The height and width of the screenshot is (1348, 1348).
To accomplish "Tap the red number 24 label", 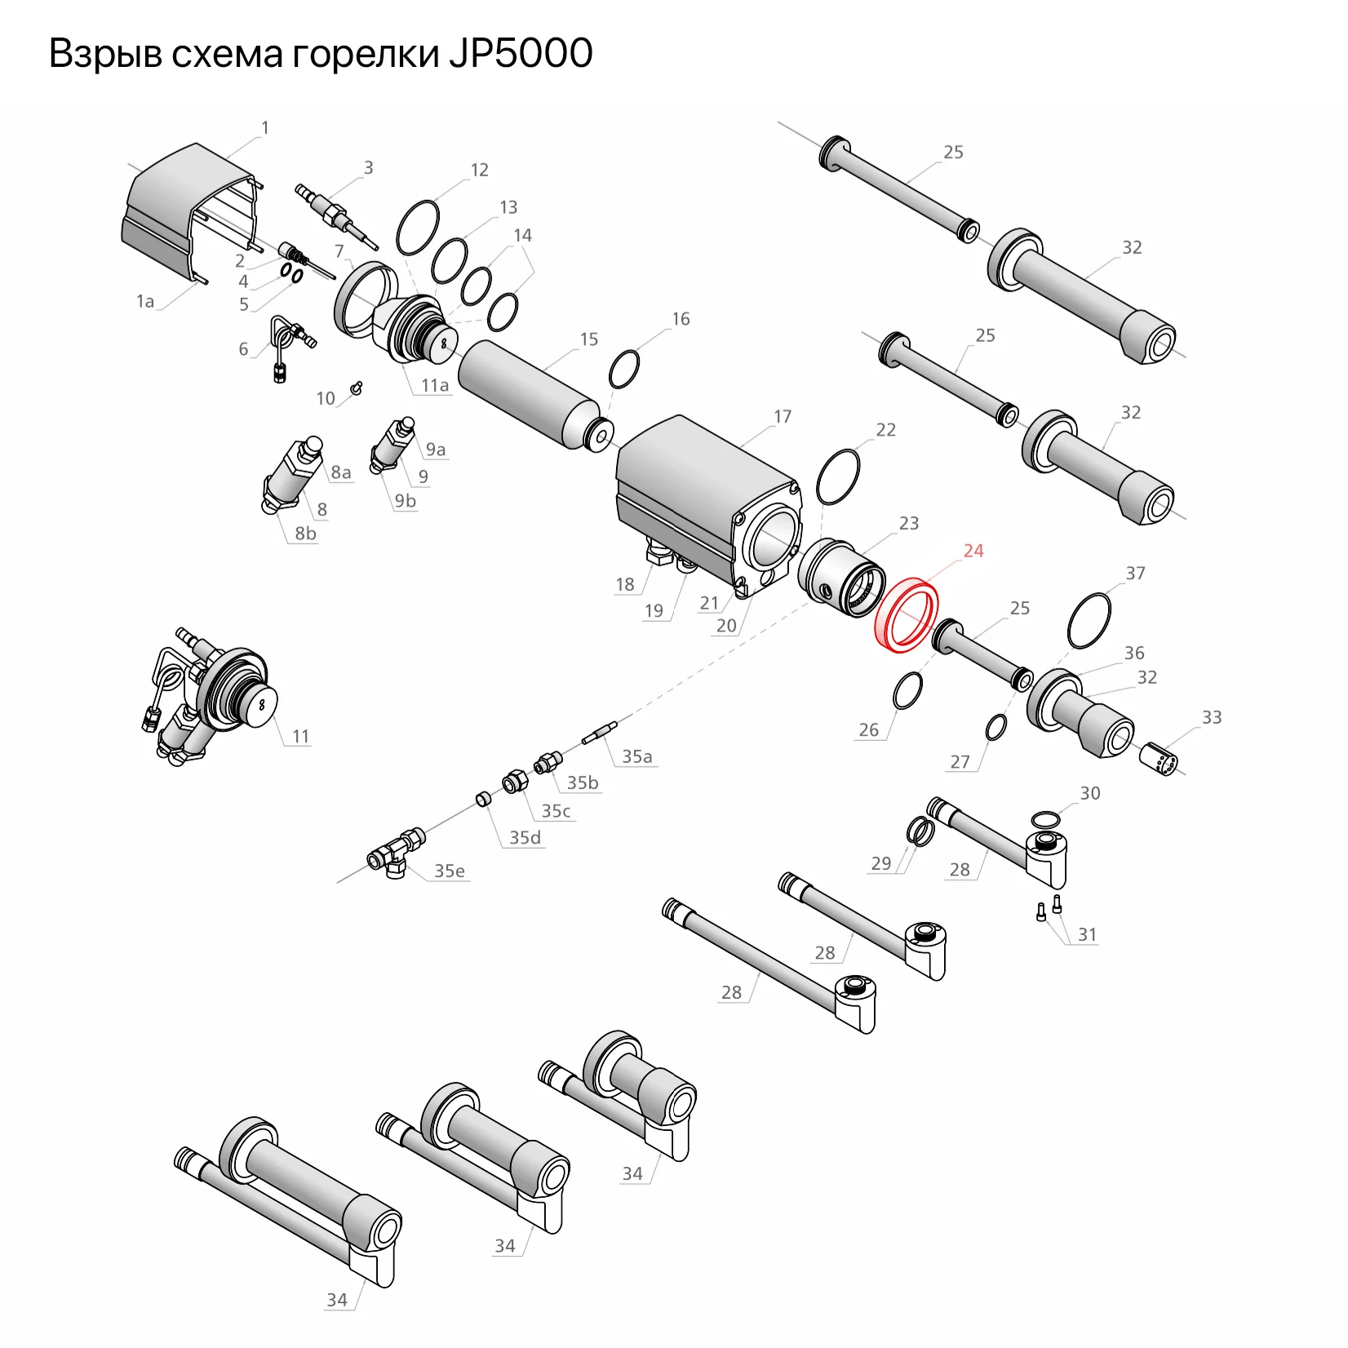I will [x=973, y=552].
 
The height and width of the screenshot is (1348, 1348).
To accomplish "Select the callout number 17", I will [x=782, y=417].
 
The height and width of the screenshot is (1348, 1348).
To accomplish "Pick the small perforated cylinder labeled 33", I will [x=1158, y=760].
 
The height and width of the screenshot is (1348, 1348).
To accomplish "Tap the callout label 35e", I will [x=449, y=871].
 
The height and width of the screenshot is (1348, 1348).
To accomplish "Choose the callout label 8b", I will [x=305, y=534].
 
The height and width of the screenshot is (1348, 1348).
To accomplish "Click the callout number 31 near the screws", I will [x=1087, y=934].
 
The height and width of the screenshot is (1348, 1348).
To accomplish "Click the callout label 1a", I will [x=144, y=302].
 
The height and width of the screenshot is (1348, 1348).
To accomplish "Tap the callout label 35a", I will [x=636, y=756].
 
